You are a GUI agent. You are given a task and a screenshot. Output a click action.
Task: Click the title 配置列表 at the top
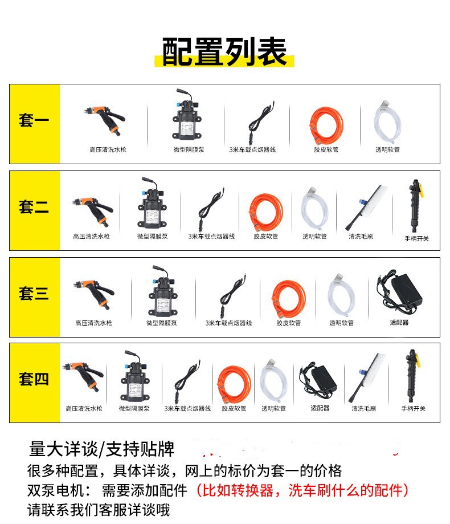pos(224,51)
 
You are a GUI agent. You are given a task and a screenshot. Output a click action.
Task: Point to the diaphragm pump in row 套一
pos(187,115)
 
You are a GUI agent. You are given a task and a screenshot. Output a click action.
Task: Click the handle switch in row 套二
pos(415,205)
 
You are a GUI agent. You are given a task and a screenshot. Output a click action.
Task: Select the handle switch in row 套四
pos(412,376)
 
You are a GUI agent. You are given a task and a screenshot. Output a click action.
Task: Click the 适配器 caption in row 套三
pos(399,323)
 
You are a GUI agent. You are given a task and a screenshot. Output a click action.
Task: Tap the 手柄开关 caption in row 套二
pos(416,238)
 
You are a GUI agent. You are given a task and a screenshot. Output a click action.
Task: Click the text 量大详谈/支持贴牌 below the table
pos(101,449)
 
